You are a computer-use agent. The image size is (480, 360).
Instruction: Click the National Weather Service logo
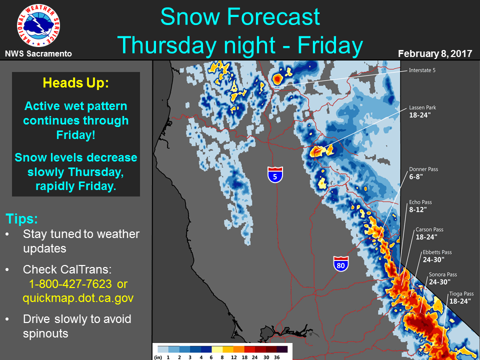click(x=38, y=25)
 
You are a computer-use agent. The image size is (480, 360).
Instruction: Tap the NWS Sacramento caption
click(x=38, y=54)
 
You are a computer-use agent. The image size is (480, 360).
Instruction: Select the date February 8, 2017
click(x=435, y=54)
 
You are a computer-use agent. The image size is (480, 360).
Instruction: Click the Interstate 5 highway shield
click(x=275, y=175)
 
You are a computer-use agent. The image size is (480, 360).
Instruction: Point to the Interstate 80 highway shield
click(x=341, y=264)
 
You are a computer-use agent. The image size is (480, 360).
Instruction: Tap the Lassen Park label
click(x=423, y=108)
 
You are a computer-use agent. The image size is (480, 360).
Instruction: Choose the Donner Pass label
click(x=423, y=169)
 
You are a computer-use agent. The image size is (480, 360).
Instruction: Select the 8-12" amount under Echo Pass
click(x=418, y=209)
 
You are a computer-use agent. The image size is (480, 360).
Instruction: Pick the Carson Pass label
click(x=429, y=229)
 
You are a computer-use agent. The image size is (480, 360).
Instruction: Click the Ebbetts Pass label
click(x=437, y=252)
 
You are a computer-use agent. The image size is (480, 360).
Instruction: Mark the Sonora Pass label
click(x=443, y=274)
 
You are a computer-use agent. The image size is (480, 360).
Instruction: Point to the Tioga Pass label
click(x=461, y=294)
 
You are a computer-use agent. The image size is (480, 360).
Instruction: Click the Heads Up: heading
click(x=76, y=82)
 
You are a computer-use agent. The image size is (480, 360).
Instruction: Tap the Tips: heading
click(x=21, y=219)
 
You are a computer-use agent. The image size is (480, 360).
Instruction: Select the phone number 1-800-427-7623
click(x=70, y=284)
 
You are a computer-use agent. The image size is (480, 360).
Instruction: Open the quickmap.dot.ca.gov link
click(x=78, y=298)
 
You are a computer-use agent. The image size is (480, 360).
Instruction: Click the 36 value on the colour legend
click(x=276, y=357)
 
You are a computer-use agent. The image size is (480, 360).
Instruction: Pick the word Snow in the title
click(x=190, y=16)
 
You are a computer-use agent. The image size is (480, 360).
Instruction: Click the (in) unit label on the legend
click(x=158, y=357)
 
